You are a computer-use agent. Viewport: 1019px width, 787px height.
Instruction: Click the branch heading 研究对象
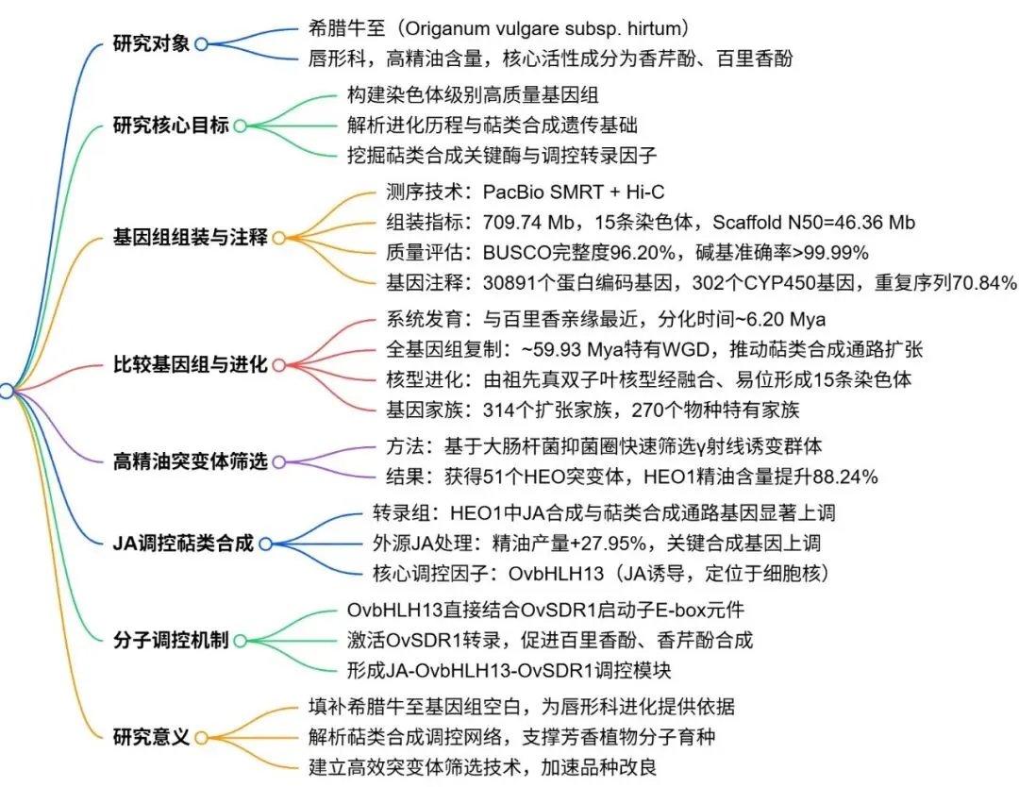pyautogui.click(x=151, y=43)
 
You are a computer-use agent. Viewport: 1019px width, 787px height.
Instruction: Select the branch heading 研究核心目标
pyautogui.click(x=171, y=126)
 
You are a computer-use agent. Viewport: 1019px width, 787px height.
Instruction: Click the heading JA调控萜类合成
pyautogui.click(x=183, y=544)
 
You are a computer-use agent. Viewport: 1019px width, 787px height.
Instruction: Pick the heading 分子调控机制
pyautogui.click(x=171, y=640)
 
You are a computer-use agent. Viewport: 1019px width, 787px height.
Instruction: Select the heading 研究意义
pyautogui.click(x=151, y=736)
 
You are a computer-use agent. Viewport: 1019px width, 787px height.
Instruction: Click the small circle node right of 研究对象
pyautogui.click(x=201, y=44)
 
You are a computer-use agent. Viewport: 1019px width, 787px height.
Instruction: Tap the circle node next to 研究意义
pyautogui.click(x=201, y=736)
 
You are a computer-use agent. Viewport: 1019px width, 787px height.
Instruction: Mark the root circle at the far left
pyautogui.click(x=7, y=391)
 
